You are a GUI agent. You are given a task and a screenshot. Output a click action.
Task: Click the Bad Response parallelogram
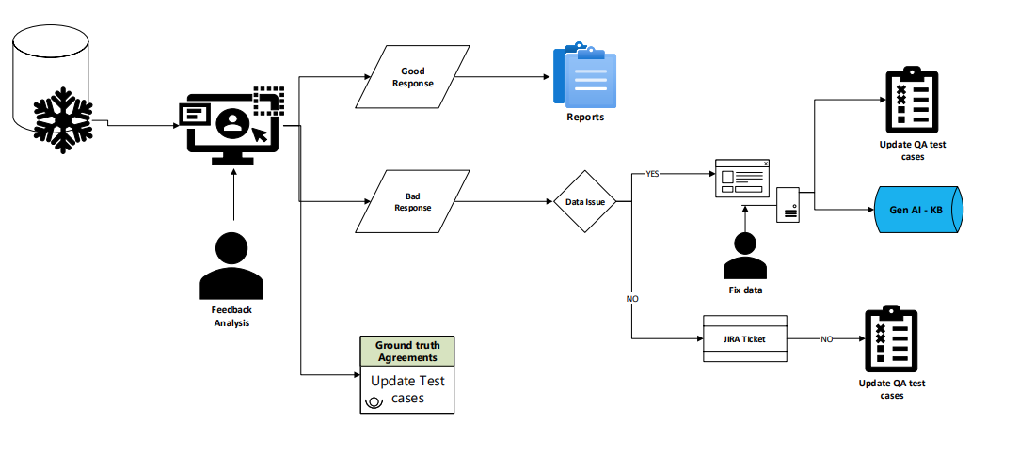pos(412,201)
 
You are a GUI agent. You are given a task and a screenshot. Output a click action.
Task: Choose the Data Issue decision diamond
pos(584,201)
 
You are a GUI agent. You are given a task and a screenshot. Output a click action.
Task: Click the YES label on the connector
pos(652,174)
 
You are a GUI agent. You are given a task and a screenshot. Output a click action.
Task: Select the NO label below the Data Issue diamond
pos(632,299)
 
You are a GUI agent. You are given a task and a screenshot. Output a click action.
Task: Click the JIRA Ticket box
pos(743,337)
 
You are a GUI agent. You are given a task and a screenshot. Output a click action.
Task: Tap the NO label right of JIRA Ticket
pos(826,338)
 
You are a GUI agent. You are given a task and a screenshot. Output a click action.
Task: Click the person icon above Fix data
pos(745,256)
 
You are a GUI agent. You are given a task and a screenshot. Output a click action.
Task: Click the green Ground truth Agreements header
pos(406,351)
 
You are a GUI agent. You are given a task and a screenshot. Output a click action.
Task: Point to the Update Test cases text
pos(407,389)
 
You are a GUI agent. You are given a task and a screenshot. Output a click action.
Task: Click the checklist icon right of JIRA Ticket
pos(890,339)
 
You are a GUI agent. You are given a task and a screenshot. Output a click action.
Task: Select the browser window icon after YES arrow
pos(742,179)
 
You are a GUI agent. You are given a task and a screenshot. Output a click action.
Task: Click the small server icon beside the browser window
pos(788,204)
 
